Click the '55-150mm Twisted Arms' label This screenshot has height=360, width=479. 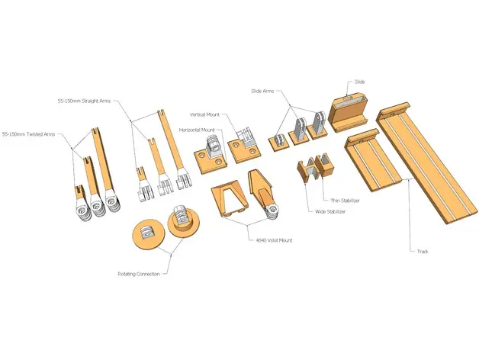(x=28, y=134)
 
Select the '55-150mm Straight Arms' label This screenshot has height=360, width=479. (x=84, y=101)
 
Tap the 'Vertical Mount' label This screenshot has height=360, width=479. (x=204, y=114)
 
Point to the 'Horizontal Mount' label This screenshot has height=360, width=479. (x=197, y=130)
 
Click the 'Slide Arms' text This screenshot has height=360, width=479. (x=262, y=91)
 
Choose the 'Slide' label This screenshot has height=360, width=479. (x=359, y=82)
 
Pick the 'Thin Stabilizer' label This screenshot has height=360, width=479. (x=345, y=201)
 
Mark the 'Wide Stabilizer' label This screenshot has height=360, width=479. (x=330, y=211)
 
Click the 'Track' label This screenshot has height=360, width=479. (x=423, y=252)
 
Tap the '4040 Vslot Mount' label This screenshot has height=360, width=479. (x=275, y=240)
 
